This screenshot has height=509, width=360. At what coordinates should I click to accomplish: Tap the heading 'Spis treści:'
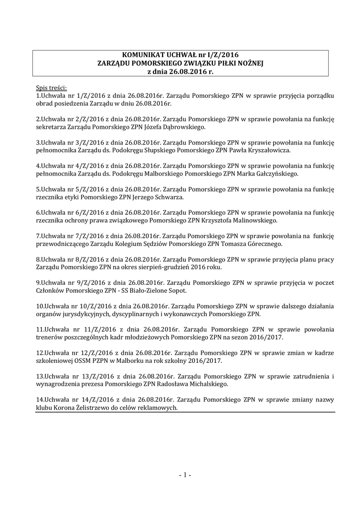51,87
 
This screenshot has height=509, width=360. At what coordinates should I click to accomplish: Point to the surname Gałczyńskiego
273,174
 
